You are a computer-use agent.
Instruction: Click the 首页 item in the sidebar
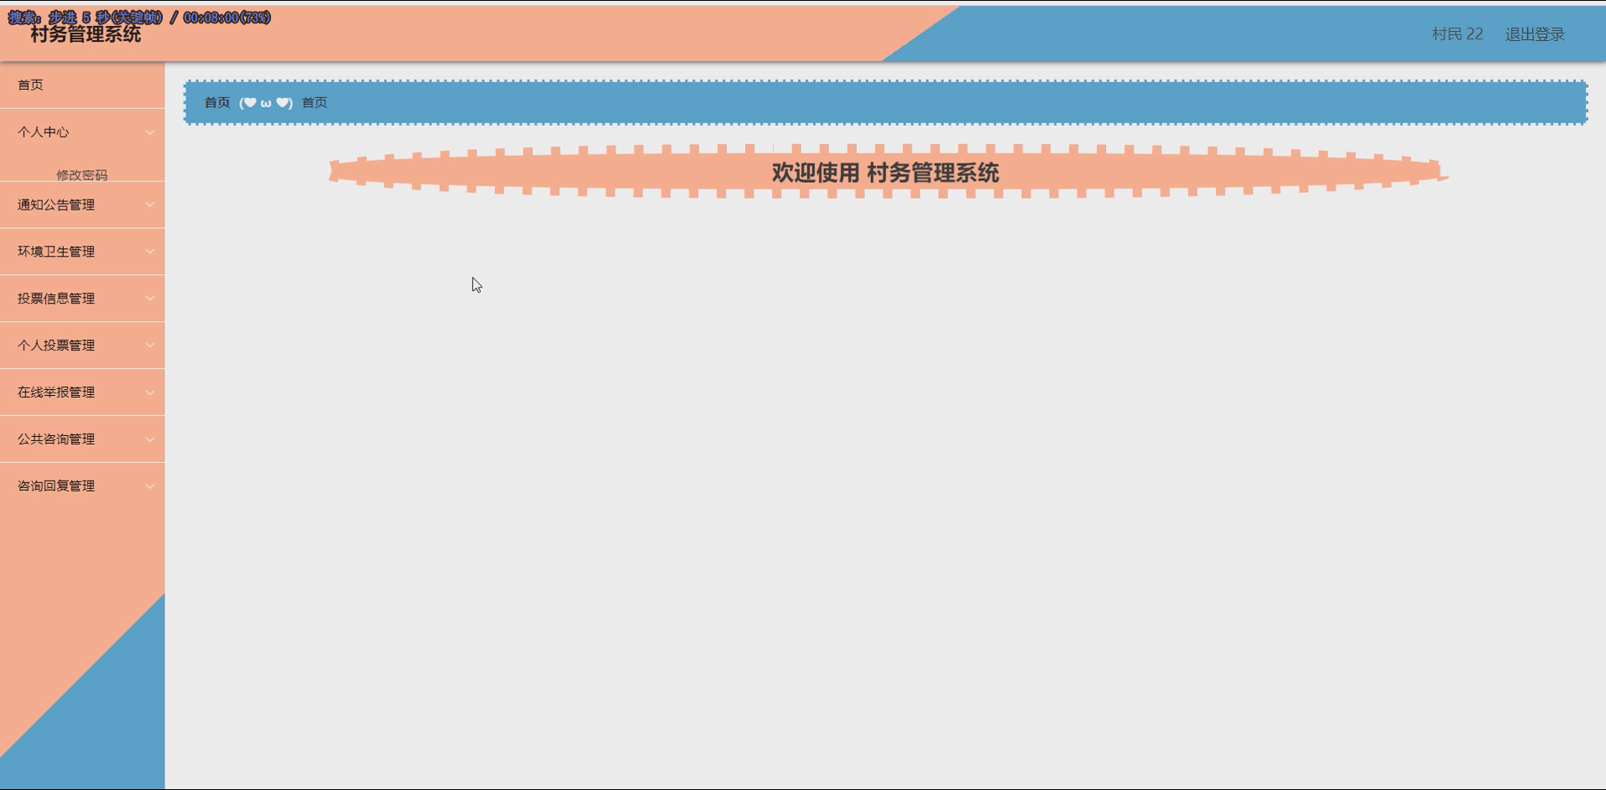[x=31, y=86]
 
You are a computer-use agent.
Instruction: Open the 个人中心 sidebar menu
[x=44, y=133]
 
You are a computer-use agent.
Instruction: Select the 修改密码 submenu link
[x=81, y=175]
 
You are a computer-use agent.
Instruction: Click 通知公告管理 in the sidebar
[x=56, y=205]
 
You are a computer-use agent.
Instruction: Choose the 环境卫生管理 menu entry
[x=56, y=252]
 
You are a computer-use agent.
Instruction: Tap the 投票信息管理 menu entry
[x=56, y=299]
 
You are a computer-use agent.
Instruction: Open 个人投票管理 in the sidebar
[x=56, y=346]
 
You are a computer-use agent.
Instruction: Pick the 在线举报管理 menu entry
[x=56, y=393]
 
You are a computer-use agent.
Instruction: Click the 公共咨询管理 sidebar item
[x=56, y=440]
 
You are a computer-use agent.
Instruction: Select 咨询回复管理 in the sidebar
[x=56, y=487]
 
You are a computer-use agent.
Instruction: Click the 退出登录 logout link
[x=1535, y=34]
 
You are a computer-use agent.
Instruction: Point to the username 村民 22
[x=1457, y=34]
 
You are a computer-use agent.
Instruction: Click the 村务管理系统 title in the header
[x=86, y=35]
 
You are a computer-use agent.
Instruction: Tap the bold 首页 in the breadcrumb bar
[x=217, y=103]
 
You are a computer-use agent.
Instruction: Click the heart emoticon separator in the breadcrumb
[x=266, y=103]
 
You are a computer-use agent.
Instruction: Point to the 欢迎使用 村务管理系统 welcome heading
[x=885, y=174]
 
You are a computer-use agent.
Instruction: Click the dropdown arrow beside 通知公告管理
[x=150, y=205]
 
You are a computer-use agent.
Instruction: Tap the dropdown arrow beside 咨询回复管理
[x=150, y=487]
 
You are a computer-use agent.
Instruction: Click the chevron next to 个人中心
[x=150, y=133]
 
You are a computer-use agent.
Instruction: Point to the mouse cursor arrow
[x=476, y=285]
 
